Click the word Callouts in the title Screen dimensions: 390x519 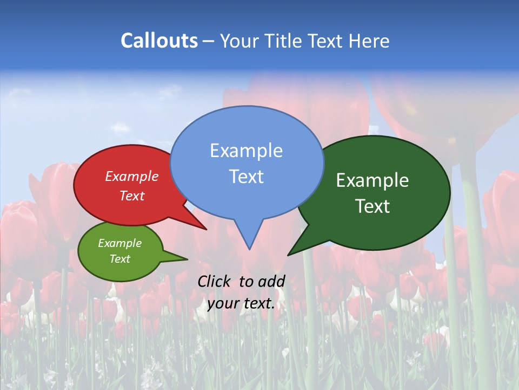click(159, 41)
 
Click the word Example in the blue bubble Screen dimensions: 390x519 click(246, 151)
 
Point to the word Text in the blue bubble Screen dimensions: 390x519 click(246, 177)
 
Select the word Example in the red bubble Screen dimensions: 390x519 click(131, 176)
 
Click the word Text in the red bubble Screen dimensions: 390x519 click(131, 196)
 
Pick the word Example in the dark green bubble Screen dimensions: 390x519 click(372, 180)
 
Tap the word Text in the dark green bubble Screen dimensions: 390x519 click(372, 206)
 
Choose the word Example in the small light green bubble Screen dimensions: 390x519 click(119, 243)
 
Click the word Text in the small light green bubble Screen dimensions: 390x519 click(119, 259)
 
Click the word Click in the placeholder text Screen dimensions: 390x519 click(214, 281)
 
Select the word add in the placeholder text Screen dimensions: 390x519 click(272, 281)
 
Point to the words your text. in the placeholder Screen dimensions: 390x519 click(241, 303)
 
